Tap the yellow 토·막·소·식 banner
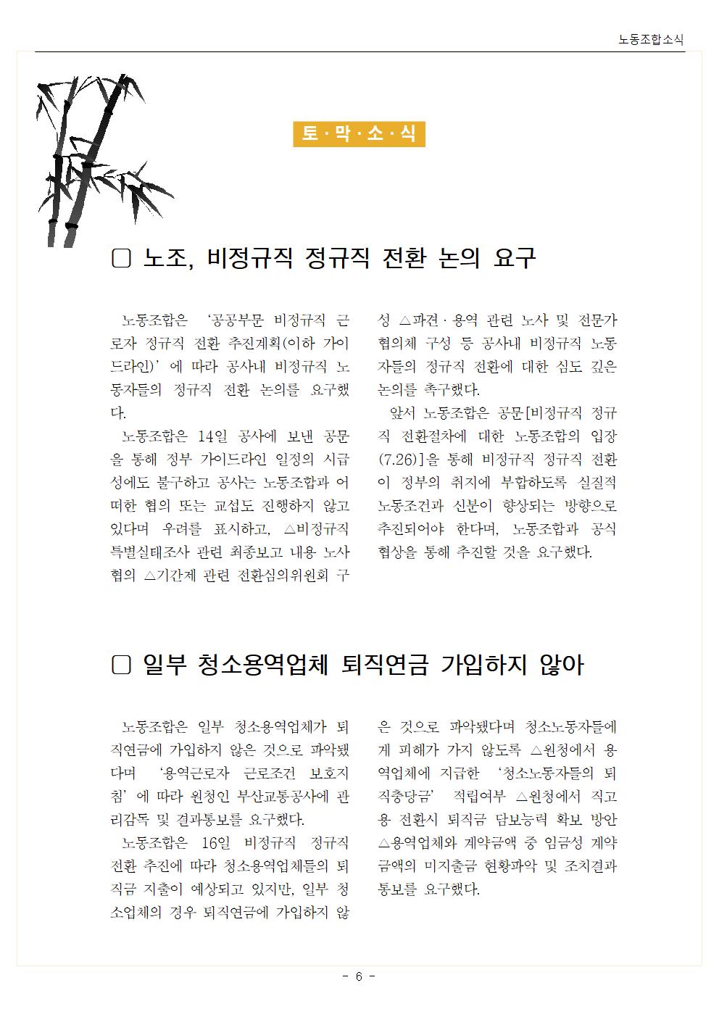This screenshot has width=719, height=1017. point(358,134)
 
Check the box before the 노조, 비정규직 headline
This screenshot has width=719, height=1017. point(121,259)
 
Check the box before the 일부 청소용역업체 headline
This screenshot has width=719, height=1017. point(121,665)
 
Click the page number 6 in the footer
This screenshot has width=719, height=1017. point(359,976)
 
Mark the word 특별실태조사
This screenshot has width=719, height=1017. point(149,552)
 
